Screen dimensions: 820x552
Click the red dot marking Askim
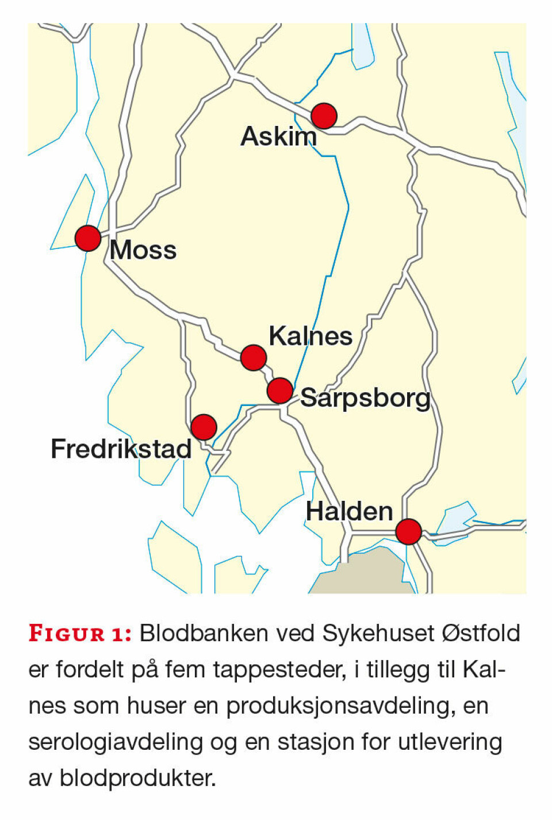pyautogui.click(x=324, y=116)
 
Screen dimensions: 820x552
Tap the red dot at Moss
pyautogui.click(x=88, y=238)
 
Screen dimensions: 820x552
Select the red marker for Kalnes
pyautogui.click(x=254, y=358)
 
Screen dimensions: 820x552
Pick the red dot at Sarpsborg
pyautogui.click(x=280, y=391)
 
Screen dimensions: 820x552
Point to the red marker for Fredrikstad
pyautogui.click(x=204, y=427)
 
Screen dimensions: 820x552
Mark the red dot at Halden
pyautogui.click(x=408, y=531)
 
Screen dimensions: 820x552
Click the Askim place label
pyautogui.click(x=278, y=137)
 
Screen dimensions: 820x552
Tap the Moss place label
pyautogui.click(x=143, y=251)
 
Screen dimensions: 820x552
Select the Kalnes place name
pyautogui.click(x=310, y=336)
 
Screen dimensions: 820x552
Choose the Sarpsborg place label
pyautogui.click(x=366, y=398)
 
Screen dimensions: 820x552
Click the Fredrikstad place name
pyautogui.click(x=121, y=449)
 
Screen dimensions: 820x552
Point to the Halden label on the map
pyautogui.click(x=349, y=512)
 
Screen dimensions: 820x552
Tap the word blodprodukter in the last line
pyautogui.click(x=138, y=779)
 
